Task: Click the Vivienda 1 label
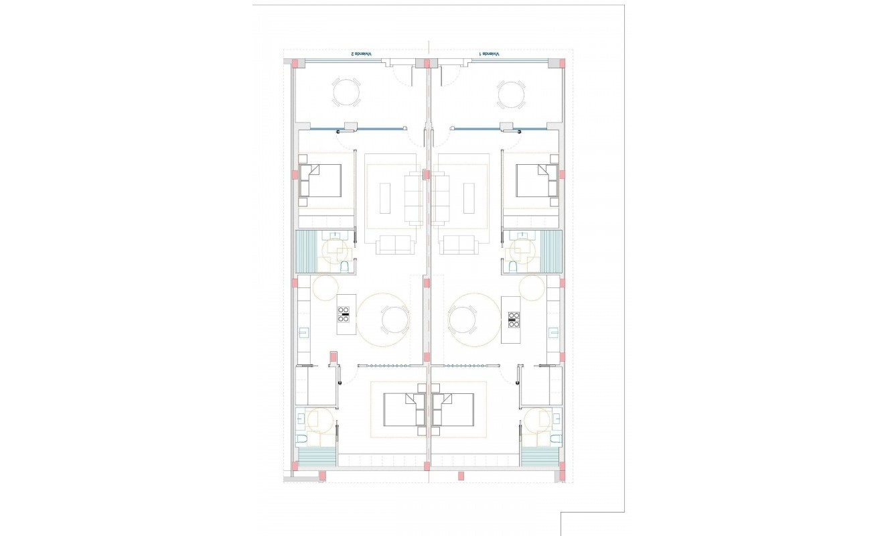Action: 489,54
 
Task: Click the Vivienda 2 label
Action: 362,54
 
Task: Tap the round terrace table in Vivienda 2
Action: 346,93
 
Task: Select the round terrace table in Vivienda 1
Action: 512,94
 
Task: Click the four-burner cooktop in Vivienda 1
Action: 514,319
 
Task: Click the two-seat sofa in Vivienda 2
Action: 395,245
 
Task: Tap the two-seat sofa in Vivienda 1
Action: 461,245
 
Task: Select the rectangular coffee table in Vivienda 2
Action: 385,198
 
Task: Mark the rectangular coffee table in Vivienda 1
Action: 471,198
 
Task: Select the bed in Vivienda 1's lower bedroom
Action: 453,409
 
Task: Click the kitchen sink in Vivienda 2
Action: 303,332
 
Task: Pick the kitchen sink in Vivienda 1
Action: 554,332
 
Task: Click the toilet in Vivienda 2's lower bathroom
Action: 302,440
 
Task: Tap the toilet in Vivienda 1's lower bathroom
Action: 555,440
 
